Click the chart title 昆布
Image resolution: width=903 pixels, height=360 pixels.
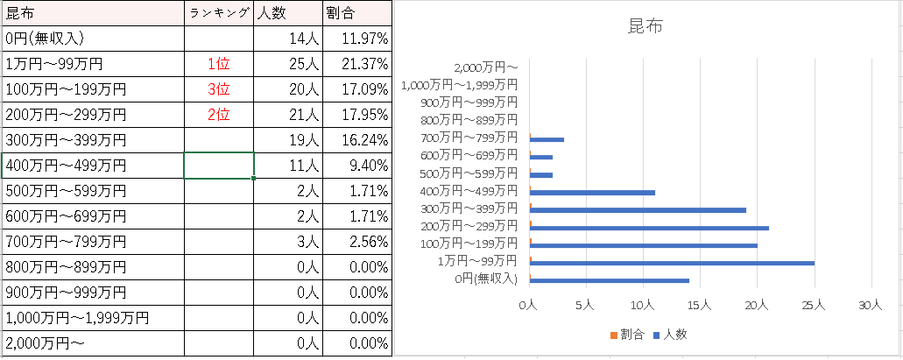(646, 26)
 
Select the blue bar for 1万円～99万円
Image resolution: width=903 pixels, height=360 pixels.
(672, 262)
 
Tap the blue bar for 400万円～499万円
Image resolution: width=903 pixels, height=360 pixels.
(592, 192)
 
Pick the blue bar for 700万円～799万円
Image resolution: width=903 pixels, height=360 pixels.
(547, 139)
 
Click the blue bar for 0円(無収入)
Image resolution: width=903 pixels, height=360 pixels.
(610, 280)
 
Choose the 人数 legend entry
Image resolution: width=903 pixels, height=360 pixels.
(672, 334)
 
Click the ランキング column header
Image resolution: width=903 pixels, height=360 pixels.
(219, 13)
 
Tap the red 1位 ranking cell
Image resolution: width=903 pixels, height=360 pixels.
(219, 64)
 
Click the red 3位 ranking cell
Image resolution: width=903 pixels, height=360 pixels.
(219, 89)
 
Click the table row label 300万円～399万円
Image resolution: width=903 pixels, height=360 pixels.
(66, 140)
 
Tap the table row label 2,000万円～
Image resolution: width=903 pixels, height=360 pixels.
(46, 343)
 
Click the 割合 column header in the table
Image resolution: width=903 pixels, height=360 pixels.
(341, 13)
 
